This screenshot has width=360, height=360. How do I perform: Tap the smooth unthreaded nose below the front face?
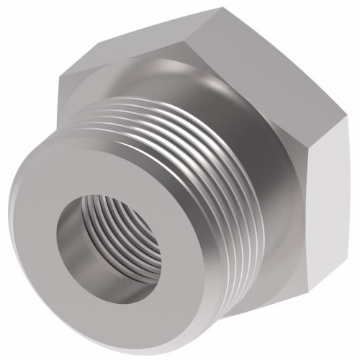click(x=115, y=317)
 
